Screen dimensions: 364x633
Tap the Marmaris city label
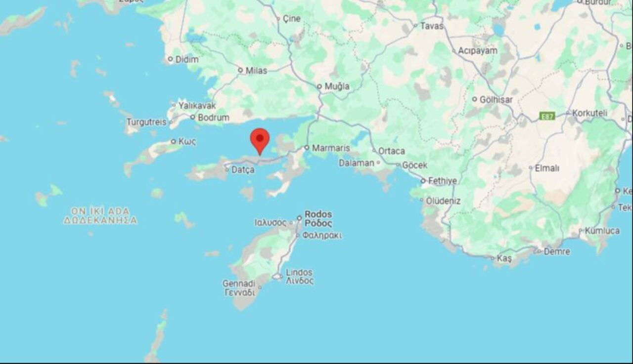pyautogui.click(x=331, y=148)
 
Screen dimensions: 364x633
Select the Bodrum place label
pyautogui.click(x=213, y=118)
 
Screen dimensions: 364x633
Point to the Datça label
pyautogui.click(x=243, y=170)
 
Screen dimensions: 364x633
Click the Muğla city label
pyautogui.click(x=337, y=86)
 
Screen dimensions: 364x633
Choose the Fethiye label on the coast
pyautogui.click(x=442, y=181)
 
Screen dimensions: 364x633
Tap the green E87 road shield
pyautogui.click(x=547, y=116)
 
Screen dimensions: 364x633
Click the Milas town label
pyautogui.click(x=256, y=71)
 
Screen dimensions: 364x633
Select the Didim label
pyautogui.click(x=187, y=59)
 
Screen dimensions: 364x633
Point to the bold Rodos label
pyautogui.click(x=318, y=214)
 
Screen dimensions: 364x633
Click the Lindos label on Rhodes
pyautogui.click(x=299, y=273)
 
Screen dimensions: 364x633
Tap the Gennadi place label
pyautogui.click(x=238, y=283)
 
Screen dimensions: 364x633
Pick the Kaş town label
pyautogui.click(x=504, y=258)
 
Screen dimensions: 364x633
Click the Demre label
pyautogui.click(x=557, y=251)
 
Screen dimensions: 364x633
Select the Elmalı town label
pyautogui.click(x=547, y=168)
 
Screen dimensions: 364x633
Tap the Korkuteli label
pyautogui.click(x=589, y=113)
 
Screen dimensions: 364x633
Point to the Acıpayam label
pyautogui.click(x=477, y=51)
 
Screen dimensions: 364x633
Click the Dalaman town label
pyautogui.click(x=357, y=162)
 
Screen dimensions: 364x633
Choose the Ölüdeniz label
pyautogui.click(x=443, y=201)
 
